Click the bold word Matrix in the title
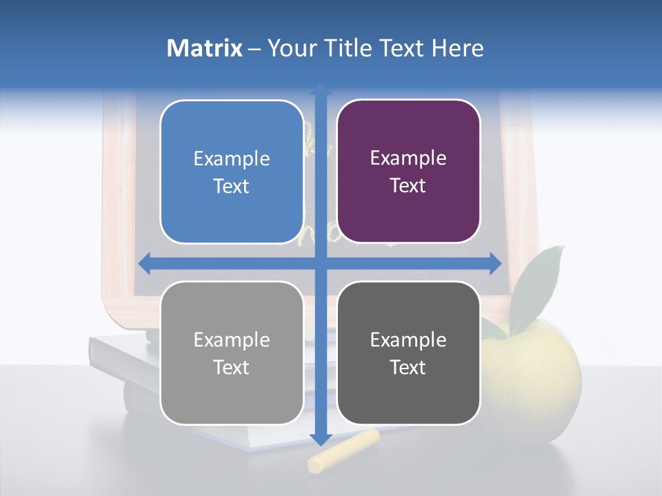[204, 48]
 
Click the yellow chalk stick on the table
[343, 451]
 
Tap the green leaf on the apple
[538, 282]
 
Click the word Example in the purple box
[408, 158]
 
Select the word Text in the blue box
[232, 187]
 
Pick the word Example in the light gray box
[232, 340]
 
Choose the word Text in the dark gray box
[408, 367]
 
